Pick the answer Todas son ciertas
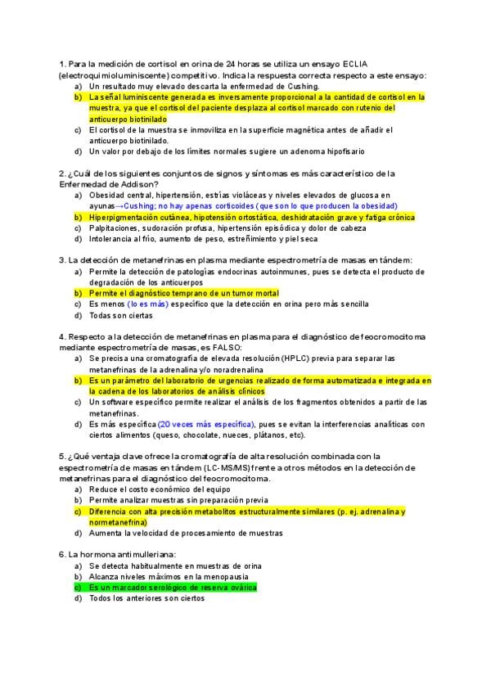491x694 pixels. coord(121,315)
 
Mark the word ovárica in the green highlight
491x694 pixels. coord(241,587)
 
